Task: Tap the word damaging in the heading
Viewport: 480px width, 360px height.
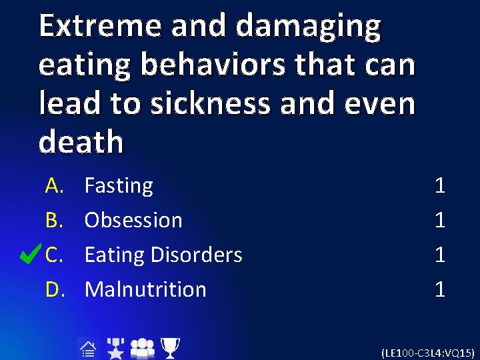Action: click(x=309, y=27)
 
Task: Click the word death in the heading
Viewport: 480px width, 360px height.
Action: click(x=81, y=142)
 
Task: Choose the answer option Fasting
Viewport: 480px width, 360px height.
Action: click(x=119, y=185)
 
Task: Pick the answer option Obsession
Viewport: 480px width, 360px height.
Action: click(x=133, y=220)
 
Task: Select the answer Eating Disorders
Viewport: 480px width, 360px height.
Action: click(x=163, y=255)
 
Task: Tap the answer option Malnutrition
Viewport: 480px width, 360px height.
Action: click(x=145, y=289)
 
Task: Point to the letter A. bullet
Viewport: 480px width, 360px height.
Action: click(x=54, y=185)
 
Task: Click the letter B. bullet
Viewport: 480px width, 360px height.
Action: click(x=54, y=220)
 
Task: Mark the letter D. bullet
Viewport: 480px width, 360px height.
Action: click(x=54, y=289)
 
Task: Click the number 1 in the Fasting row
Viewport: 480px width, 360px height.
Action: click(x=439, y=185)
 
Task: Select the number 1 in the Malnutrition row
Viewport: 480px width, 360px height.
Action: click(x=439, y=289)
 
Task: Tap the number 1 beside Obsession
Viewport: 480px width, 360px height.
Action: click(x=439, y=220)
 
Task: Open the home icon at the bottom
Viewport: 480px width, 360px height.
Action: click(x=87, y=348)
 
